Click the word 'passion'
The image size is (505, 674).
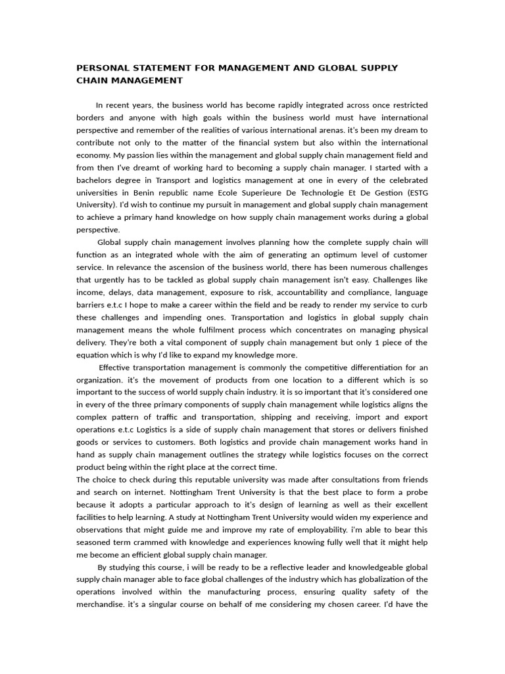pyautogui.click(x=140, y=155)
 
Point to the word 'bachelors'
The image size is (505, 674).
pyautogui.click(x=97, y=180)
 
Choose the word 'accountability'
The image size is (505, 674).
pyautogui.click(x=299, y=292)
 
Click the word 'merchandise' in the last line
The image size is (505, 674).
pyautogui.click(x=101, y=605)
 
